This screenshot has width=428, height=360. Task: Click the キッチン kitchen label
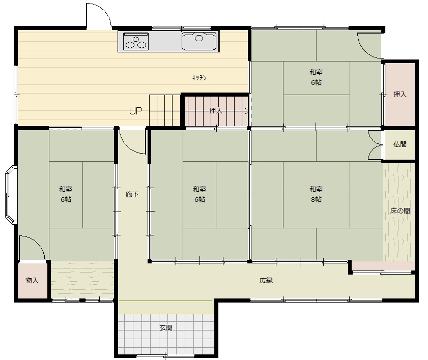coord(199,78)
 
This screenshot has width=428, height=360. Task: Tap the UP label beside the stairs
coord(136,111)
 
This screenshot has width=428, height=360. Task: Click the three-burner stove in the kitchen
coord(136,42)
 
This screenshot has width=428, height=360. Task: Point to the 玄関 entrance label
coord(166,327)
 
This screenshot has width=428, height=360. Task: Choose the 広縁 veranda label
coord(266,280)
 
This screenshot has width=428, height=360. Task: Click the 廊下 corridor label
coord(132,194)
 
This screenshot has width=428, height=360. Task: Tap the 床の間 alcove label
coord(400,211)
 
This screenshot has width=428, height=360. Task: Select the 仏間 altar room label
coord(400,144)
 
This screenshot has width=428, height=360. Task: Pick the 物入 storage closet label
coord(32,280)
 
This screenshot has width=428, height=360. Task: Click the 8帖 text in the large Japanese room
coord(316,199)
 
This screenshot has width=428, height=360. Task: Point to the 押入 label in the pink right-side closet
coord(400,95)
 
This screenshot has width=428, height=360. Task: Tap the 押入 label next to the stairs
coord(216,111)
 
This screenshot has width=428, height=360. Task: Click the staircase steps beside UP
coord(165,110)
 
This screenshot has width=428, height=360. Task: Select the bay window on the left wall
coord(11,195)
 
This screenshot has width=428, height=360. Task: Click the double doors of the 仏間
coord(376,145)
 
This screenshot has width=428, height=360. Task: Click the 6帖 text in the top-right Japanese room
coord(316,82)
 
